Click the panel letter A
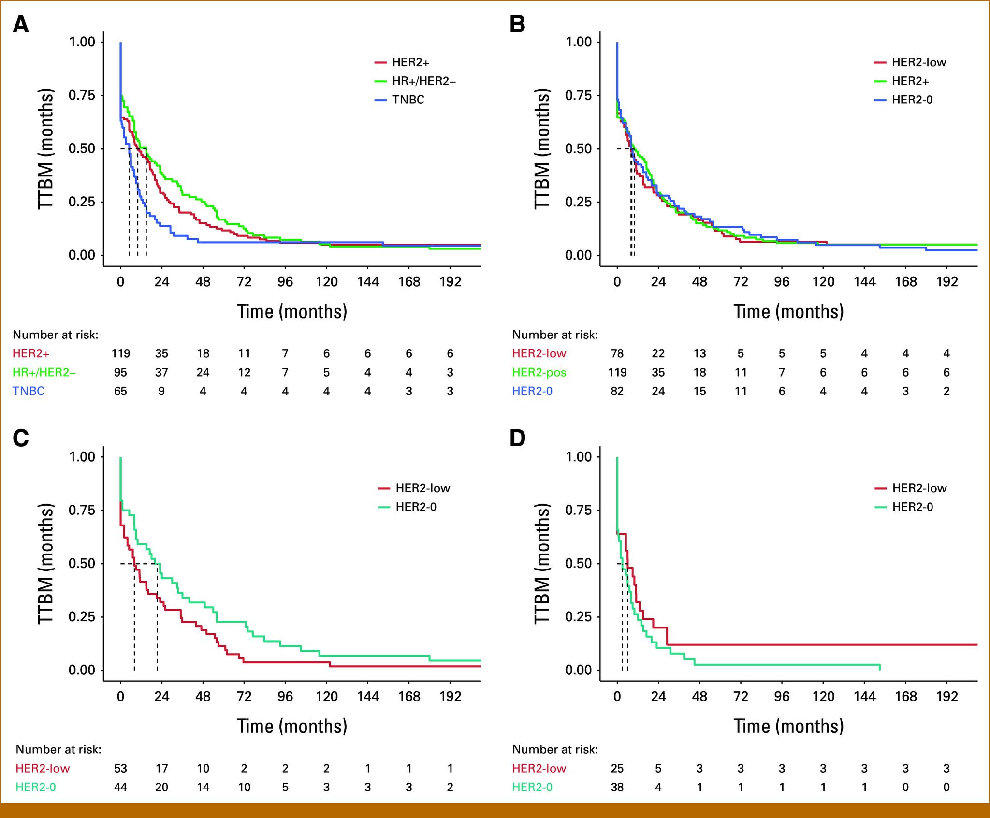[x=20, y=24]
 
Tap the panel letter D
[x=517, y=438]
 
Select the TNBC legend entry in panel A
[x=408, y=100]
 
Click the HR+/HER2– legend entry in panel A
[x=423, y=81]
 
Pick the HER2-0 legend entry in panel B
[x=912, y=100]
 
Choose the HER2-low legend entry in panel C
[x=422, y=488]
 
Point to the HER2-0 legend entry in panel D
[x=912, y=507]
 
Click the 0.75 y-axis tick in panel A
[x=82, y=95]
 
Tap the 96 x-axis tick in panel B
[x=782, y=282]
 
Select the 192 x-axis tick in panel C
[x=450, y=697]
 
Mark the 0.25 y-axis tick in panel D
[x=579, y=617]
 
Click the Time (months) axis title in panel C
[x=292, y=726]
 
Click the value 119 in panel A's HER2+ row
[x=120, y=353]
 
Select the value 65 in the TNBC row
[x=120, y=391]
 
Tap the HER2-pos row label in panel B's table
[x=539, y=372]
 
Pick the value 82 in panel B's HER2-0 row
[x=617, y=391]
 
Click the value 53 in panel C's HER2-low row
[x=120, y=768]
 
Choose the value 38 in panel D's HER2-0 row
[x=617, y=787]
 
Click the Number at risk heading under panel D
[x=555, y=749]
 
